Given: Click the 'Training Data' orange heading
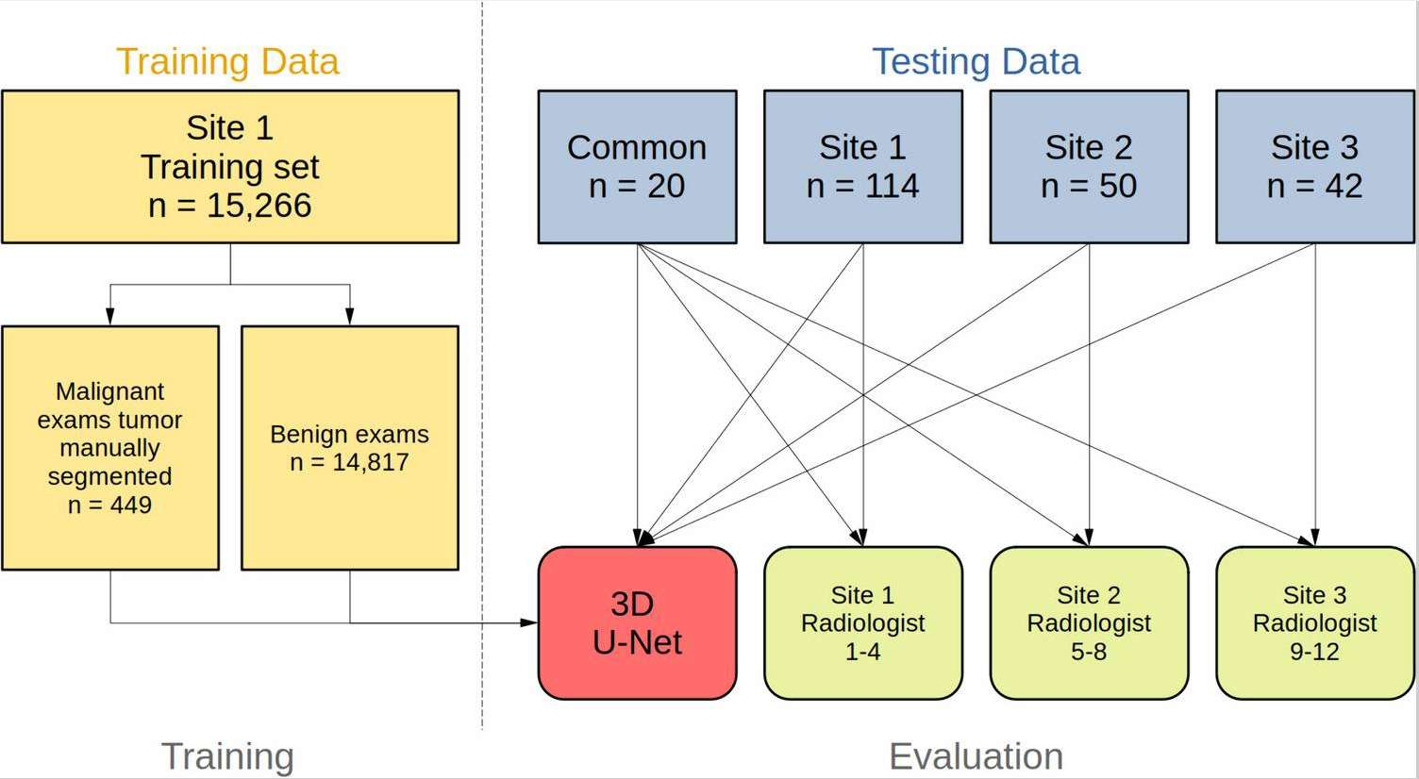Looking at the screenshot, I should [x=227, y=61].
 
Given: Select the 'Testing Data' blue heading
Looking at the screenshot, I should [x=976, y=61].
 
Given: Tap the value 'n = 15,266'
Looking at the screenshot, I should [x=229, y=206].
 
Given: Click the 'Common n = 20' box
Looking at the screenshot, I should [x=637, y=167].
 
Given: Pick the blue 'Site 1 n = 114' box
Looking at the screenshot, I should [x=862, y=167].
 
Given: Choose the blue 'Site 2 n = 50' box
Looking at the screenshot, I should [x=1089, y=167].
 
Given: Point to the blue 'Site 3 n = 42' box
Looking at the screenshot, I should [x=1314, y=167].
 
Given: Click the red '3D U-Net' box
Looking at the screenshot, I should [x=637, y=623].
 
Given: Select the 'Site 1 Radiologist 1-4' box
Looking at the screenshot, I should [x=862, y=623].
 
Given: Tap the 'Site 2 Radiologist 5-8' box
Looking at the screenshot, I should [x=1089, y=623].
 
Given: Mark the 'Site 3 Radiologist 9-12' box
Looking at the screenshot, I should [x=1314, y=623].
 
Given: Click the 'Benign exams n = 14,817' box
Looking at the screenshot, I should [x=349, y=448].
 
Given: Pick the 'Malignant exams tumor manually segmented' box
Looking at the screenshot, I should [x=110, y=434].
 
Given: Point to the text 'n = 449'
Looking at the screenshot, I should [x=109, y=506].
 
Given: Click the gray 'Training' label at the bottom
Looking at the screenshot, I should [x=227, y=756].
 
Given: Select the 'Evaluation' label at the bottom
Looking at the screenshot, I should [x=976, y=756].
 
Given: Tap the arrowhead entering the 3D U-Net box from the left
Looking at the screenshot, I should [x=530, y=622].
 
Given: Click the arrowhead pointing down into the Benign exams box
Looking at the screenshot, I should [x=350, y=318].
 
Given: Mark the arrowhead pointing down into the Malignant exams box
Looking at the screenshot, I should [x=110, y=318].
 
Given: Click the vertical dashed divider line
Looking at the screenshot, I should [x=482, y=377].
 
